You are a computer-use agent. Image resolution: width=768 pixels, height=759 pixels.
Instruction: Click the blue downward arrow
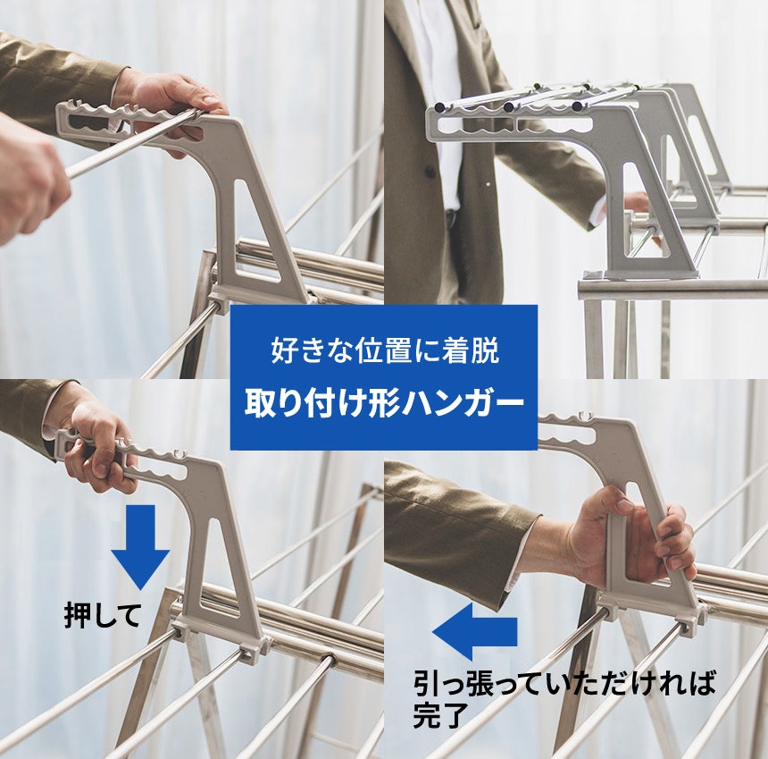click(x=140, y=546)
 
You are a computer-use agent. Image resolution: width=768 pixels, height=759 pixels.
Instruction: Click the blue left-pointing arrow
click(x=474, y=631)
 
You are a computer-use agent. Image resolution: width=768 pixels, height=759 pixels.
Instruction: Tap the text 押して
click(x=104, y=615)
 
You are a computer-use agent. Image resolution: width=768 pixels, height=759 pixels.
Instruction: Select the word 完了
click(x=438, y=715)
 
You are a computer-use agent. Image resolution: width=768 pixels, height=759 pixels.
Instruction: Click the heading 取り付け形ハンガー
click(x=385, y=404)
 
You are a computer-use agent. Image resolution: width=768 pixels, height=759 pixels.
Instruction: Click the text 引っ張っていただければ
click(x=564, y=683)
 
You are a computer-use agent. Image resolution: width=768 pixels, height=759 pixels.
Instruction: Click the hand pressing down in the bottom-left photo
click(x=97, y=446)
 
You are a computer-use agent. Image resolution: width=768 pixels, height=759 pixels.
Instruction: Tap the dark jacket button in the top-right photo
click(x=430, y=173)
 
